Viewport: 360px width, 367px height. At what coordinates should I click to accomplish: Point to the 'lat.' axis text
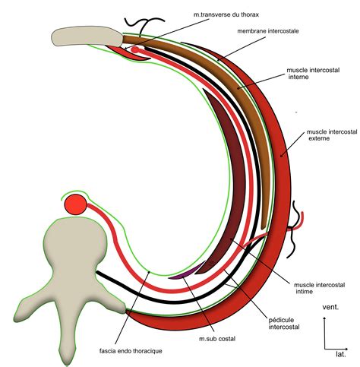pyautogui.click(x=342, y=354)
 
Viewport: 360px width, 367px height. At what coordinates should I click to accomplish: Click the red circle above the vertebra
pyautogui.click(x=76, y=204)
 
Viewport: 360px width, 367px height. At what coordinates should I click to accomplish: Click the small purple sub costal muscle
pyautogui.click(x=179, y=274)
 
